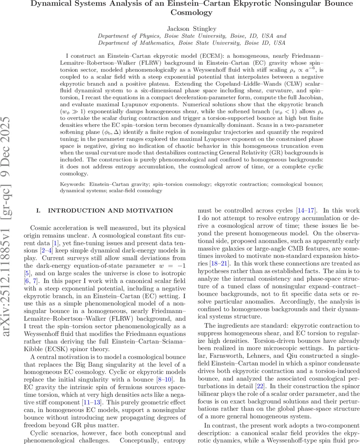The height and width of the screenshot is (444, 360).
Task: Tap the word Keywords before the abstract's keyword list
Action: tap(71, 184)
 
